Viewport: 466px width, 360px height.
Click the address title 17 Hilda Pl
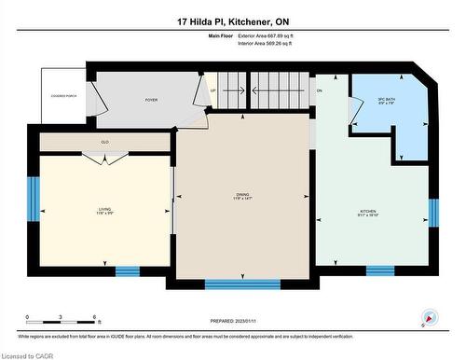[232, 21]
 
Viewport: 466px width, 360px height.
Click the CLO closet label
[105, 142]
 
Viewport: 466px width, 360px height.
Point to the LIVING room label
[105, 211]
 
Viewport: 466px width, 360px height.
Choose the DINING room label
[242, 196]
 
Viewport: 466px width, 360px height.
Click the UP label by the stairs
[213, 90]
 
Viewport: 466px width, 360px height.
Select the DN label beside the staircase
[319, 90]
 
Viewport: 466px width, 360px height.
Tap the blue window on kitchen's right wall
[432, 213]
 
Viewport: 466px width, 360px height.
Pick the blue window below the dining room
[241, 284]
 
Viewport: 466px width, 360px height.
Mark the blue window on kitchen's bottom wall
[379, 271]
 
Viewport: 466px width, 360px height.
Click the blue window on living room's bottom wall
[127, 271]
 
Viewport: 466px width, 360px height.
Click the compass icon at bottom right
[429, 317]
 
